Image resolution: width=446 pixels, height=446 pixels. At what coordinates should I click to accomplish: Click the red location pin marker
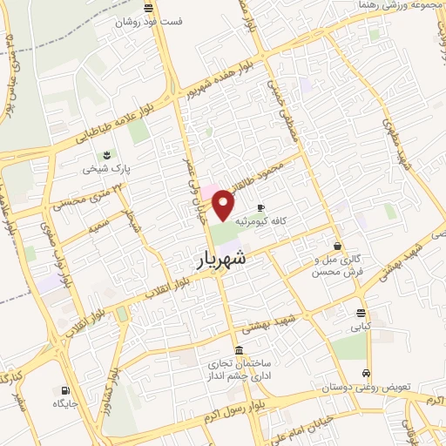pyautogui.click(x=225, y=206)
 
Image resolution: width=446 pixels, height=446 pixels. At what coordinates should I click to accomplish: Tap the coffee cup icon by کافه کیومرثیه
pyautogui.click(x=260, y=206)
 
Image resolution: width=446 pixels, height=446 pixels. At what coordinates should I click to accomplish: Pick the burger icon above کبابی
pyautogui.click(x=361, y=314)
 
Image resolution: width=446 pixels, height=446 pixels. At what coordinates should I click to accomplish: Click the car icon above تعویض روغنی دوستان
pyautogui.click(x=369, y=371)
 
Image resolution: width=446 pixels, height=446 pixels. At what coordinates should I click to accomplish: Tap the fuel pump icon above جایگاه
pyautogui.click(x=64, y=389)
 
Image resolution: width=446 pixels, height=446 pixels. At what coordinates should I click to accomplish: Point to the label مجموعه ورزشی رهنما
pyautogui.click(x=402, y=6)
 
